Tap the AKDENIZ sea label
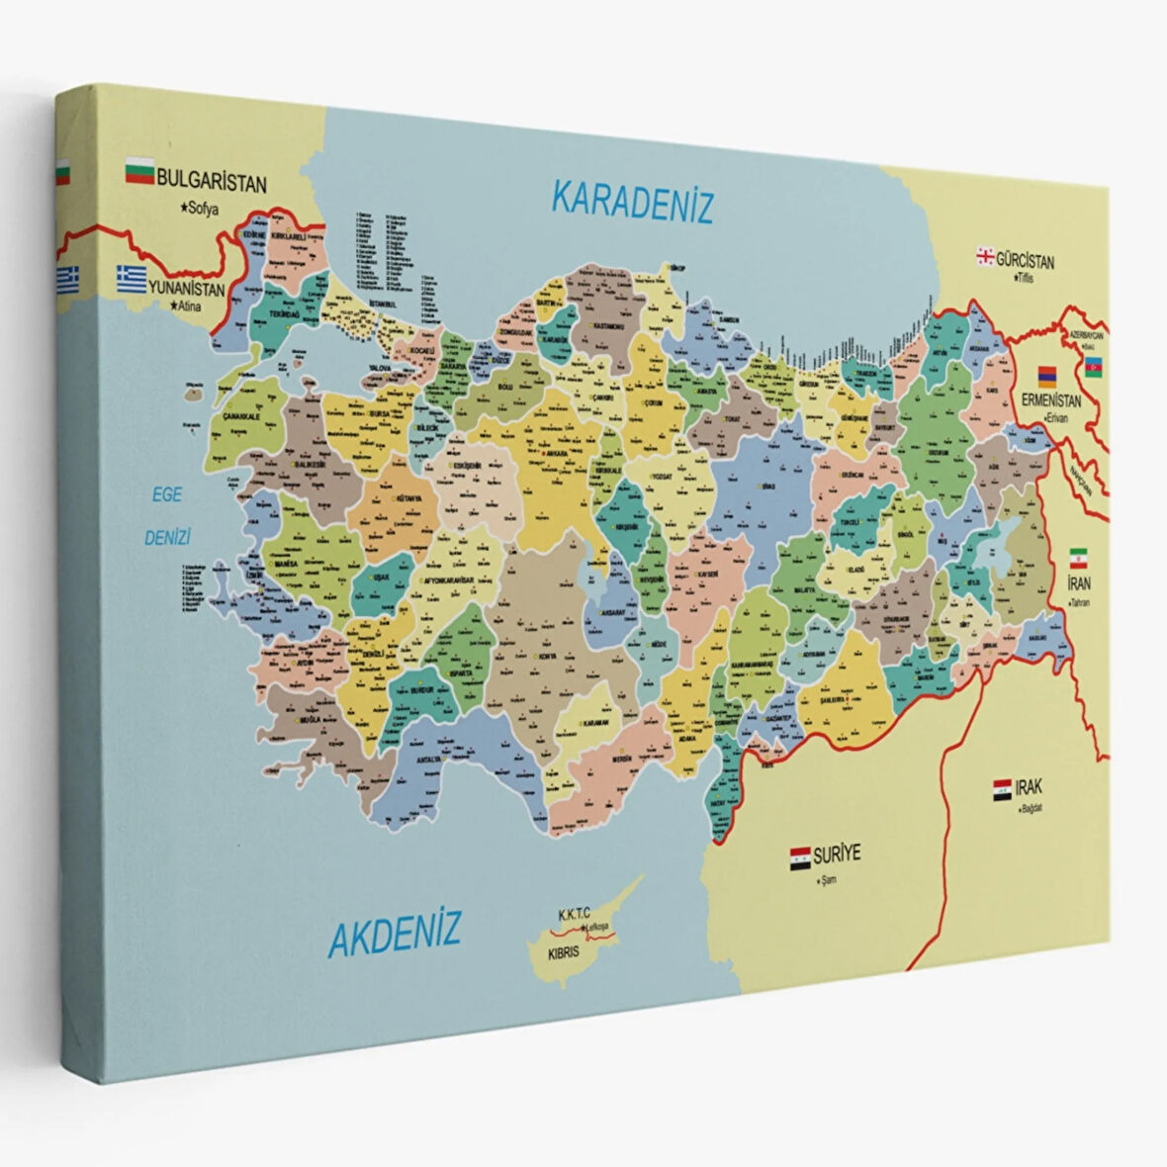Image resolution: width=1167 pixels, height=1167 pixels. [x=395, y=932]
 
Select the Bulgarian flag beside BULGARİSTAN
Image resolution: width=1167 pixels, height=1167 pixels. [x=138, y=174]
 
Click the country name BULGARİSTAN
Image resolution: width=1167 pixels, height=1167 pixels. [x=212, y=183]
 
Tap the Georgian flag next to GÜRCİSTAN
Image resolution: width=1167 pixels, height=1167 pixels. [x=985, y=256]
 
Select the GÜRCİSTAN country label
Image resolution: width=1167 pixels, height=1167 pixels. [x=1025, y=262]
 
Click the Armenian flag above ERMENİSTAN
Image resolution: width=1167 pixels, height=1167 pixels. [x=1047, y=376]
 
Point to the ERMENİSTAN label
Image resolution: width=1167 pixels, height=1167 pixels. [x=1053, y=403]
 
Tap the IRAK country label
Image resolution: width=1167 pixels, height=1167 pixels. [x=1028, y=788]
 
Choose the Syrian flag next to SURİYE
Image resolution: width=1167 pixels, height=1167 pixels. [x=800, y=857]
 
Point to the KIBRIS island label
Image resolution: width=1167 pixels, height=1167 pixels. [x=563, y=956]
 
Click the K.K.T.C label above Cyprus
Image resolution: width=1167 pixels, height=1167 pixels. [x=574, y=914]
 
